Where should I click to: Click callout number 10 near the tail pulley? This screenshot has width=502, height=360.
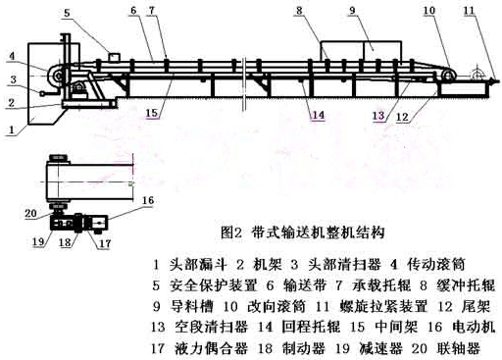click(427, 11)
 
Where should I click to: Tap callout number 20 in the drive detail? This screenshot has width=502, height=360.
click(31, 213)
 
